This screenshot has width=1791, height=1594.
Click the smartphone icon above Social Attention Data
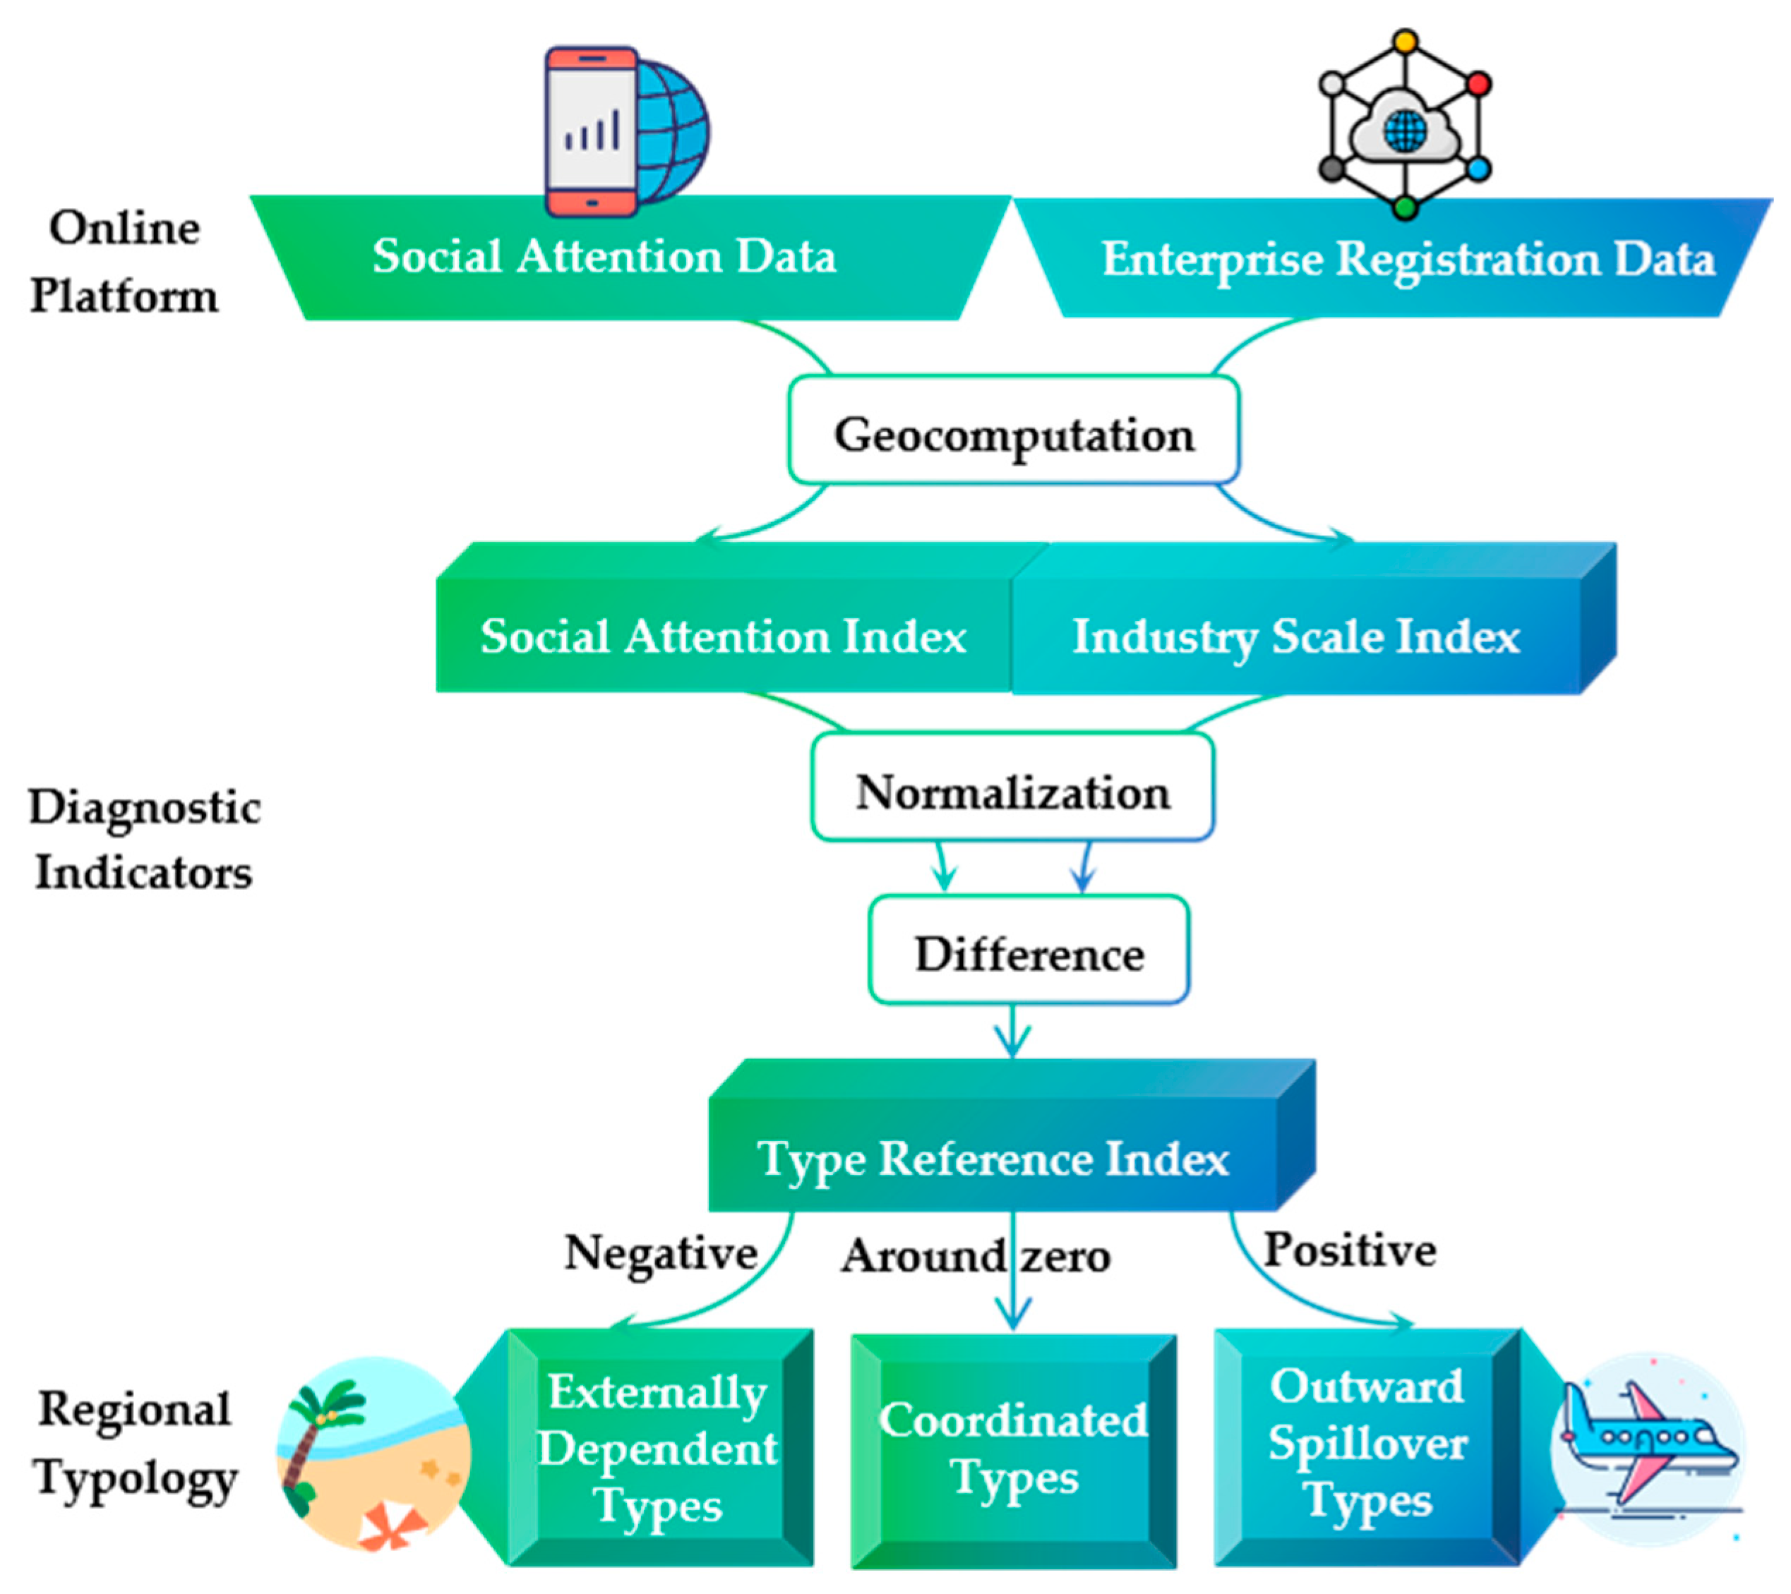[592, 131]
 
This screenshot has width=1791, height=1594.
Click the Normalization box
[1012, 787]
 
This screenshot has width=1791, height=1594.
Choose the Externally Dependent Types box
[659, 1447]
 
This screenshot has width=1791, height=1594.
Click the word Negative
[661, 1252]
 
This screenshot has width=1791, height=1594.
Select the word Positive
[1349, 1248]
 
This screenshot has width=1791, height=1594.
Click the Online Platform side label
[124, 261]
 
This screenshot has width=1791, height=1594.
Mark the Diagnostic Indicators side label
[144, 838]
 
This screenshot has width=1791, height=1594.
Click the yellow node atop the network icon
[1406, 41]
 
